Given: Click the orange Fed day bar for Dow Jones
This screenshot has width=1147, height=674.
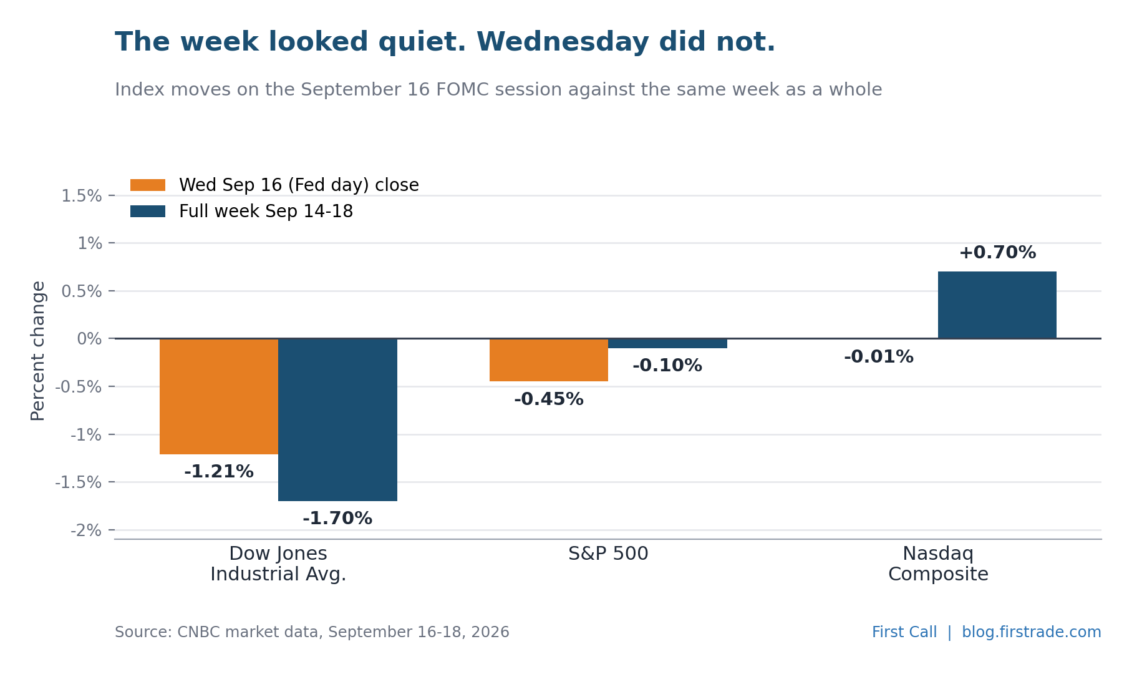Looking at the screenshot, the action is point(219,396).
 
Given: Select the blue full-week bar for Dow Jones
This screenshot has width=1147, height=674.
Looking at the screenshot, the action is point(337,419).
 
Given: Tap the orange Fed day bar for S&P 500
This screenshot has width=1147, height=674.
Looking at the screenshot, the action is point(549,360).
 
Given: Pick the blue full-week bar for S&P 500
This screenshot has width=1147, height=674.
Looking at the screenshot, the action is point(667,343).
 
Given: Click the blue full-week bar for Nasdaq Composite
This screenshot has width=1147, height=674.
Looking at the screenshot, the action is point(997,305).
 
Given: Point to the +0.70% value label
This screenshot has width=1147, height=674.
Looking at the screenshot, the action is point(997,253).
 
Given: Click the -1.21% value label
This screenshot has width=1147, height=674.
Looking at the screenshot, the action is point(219,472).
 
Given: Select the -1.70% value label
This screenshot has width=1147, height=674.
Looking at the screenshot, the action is point(337,519).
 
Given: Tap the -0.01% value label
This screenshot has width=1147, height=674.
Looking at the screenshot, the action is point(879,357).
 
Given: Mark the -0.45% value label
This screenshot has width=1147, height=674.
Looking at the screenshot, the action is point(549,399).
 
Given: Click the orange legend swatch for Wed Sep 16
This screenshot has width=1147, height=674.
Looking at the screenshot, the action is point(148,185).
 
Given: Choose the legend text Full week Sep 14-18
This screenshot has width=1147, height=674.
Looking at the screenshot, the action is point(266,212).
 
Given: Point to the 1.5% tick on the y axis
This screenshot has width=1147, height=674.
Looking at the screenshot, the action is point(112,196).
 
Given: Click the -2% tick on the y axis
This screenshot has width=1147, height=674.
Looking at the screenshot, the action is point(112,530).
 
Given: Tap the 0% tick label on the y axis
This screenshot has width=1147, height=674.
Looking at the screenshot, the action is point(89,339).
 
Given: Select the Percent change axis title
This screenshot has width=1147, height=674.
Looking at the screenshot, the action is point(38,351).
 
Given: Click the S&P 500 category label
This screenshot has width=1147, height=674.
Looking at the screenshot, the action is point(608,554).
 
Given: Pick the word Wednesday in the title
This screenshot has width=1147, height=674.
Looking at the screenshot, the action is point(563,42).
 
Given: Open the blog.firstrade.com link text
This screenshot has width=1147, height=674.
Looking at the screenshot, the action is point(1032,632).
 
